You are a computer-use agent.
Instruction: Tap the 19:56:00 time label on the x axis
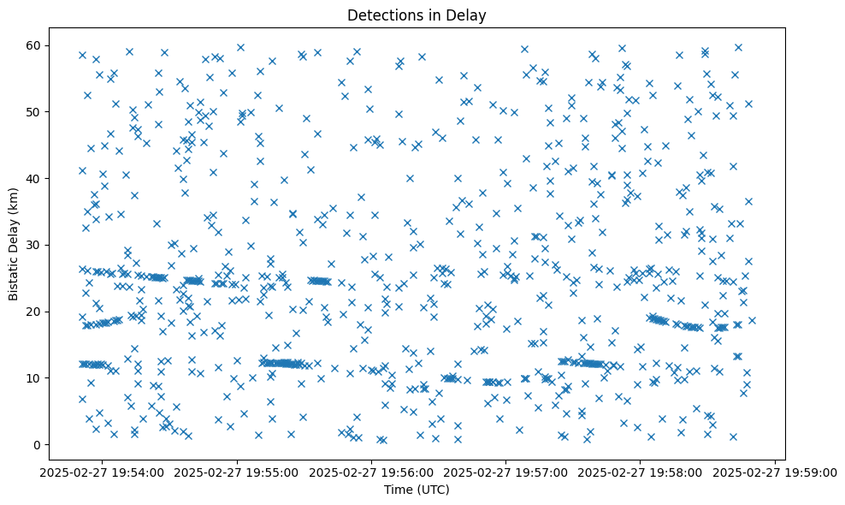(x=372, y=472)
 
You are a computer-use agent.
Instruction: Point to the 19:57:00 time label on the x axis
(x=506, y=472)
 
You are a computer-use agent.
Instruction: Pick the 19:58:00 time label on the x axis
(x=641, y=472)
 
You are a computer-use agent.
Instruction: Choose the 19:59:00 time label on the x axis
(x=775, y=472)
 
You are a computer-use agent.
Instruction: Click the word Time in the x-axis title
(x=394, y=490)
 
